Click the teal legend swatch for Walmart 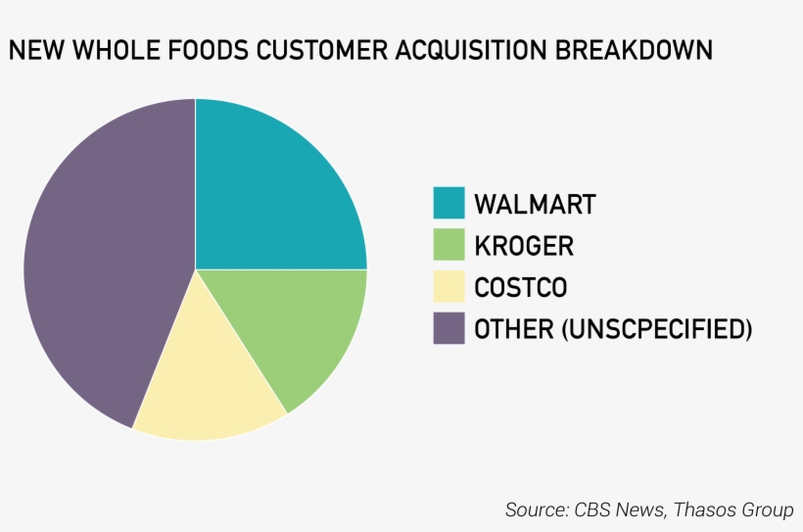449,203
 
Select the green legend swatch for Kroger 449,245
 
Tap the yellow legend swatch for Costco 449,287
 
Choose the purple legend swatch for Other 449,328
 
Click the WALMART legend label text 535,204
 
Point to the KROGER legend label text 524,246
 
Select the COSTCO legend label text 520,288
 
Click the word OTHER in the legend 514,329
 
